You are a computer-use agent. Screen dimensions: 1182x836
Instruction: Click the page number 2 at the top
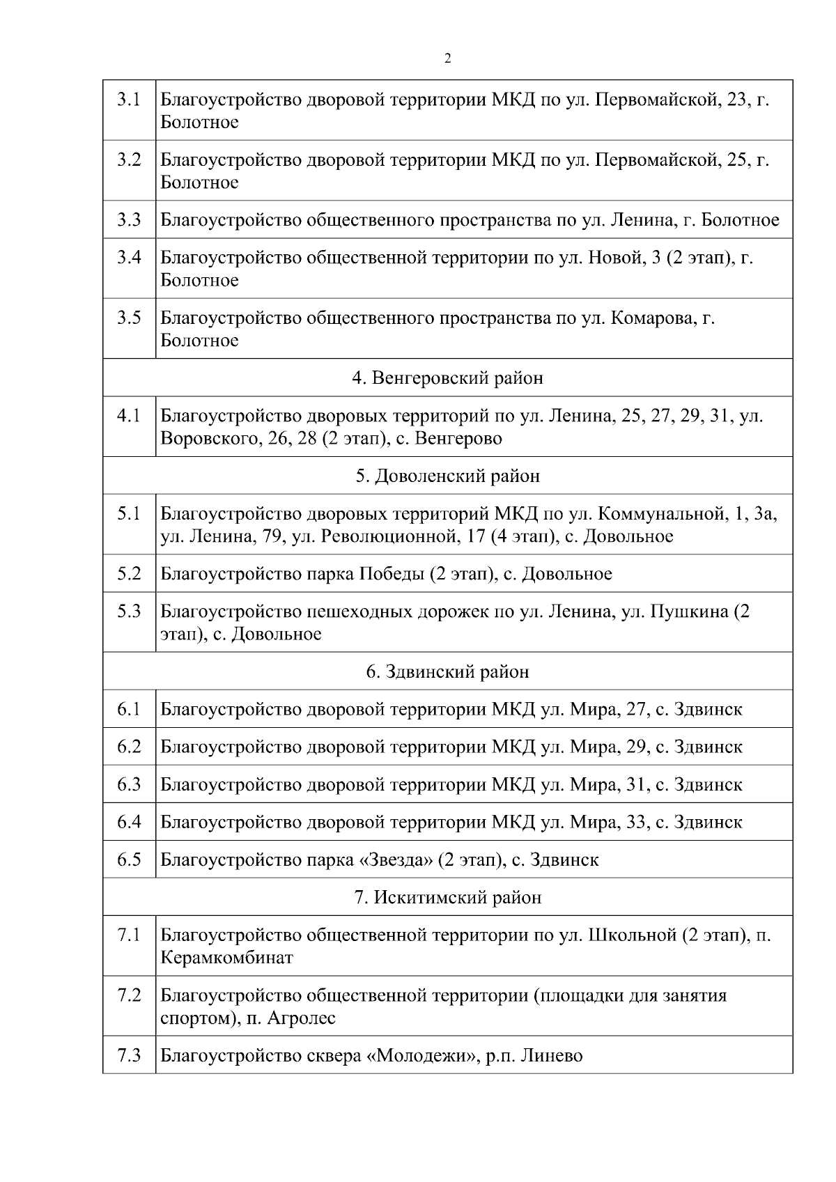coord(447,59)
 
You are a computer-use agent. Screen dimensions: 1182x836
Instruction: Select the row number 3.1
coord(129,100)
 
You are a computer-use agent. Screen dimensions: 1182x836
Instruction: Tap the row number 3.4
coord(129,258)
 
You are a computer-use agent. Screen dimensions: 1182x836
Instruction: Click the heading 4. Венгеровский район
coord(447,378)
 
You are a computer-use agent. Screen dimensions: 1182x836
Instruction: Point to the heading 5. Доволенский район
coord(447,476)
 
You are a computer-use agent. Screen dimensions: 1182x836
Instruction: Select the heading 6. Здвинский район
coord(447,672)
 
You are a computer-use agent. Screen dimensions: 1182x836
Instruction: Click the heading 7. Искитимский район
coord(447,898)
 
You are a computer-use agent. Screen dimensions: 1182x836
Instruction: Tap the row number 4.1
coord(129,416)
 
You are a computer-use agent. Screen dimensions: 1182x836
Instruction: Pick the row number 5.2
coord(129,574)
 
